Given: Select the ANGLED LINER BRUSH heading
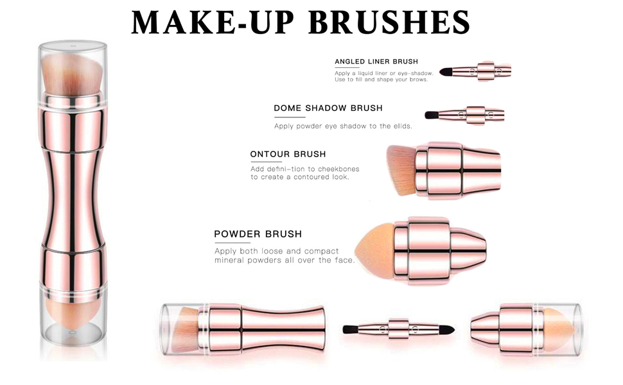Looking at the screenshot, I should [x=376, y=62].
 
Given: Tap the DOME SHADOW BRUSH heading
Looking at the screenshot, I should [x=328, y=108].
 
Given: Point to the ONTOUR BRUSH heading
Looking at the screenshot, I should [x=288, y=154].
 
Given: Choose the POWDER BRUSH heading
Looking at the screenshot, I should [x=258, y=234].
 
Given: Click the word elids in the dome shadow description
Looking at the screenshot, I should [x=399, y=126].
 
